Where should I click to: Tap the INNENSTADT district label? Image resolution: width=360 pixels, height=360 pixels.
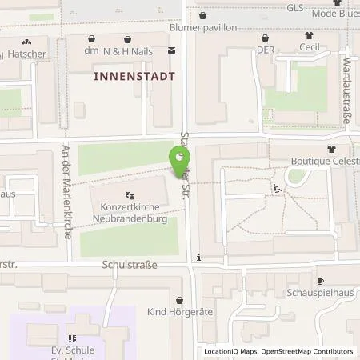click(x=134, y=76)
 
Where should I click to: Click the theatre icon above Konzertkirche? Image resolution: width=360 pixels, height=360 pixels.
click(x=130, y=194)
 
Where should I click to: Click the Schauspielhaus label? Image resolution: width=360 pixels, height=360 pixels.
click(x=321, y=294)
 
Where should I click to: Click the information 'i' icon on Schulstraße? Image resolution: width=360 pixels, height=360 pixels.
click(x=198, y=258)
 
